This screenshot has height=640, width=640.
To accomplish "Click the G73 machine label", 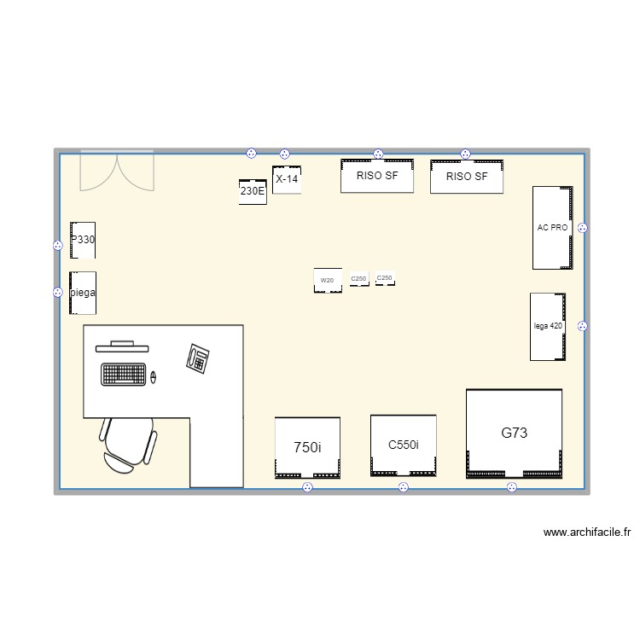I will (x=514, y=433).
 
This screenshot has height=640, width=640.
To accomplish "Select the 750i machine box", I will (x=307, y=447).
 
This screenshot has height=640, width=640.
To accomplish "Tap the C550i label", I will (x=403, y=445).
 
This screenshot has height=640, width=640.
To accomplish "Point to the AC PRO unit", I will (x=552, y=228).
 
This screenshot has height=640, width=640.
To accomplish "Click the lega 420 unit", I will (x=548, y=326).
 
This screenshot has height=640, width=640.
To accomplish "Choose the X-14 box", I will (x=287, y=179).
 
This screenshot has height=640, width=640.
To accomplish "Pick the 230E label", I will (x=253, y=192).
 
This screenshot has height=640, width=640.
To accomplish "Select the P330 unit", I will (x=83, y=240).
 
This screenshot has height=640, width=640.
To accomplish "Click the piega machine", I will (x=83, y=293).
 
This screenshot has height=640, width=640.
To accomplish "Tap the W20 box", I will (x=328, y=280).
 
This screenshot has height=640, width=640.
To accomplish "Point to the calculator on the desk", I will (x=199, y=358).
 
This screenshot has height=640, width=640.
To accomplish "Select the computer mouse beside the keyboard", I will (x=154, y=375).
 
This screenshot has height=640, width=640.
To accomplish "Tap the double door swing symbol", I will (x=117, y=170).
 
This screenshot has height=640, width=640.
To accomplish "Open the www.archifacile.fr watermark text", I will (x=587, y=532).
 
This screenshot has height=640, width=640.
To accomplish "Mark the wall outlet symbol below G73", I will (x=512, y=487).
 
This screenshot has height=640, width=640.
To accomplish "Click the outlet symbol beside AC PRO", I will (x=583, y=228).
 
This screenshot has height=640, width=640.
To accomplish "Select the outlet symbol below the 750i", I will (x=307, y=487).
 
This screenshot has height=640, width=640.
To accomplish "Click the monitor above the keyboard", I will (x=121, y=346).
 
